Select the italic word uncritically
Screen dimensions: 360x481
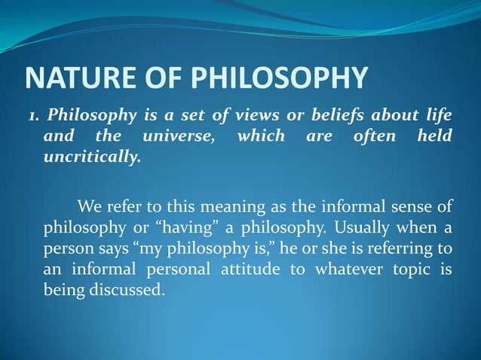click(92, 159)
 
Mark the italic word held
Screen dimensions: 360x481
click(435, 136)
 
